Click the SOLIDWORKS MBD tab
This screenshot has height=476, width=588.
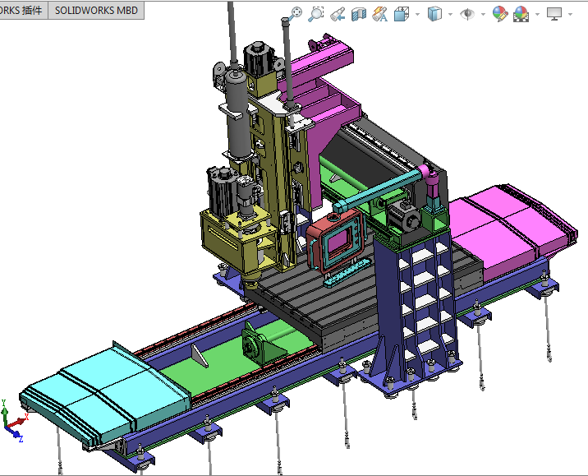coord(96,10)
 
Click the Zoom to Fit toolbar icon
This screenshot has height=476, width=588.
coord(296,14)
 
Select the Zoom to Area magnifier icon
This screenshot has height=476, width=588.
coord(316,14)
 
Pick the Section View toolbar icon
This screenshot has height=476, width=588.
coord(359,14)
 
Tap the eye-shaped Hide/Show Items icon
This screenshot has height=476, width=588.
coord(467,14)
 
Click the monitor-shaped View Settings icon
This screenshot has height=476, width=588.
coord(554,14)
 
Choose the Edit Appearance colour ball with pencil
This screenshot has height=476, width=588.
coord(499,14)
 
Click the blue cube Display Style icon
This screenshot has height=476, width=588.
coord(435,14)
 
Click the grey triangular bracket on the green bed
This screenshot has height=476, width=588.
coord(200,354)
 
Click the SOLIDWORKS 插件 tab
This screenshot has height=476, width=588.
coord(23,10)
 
